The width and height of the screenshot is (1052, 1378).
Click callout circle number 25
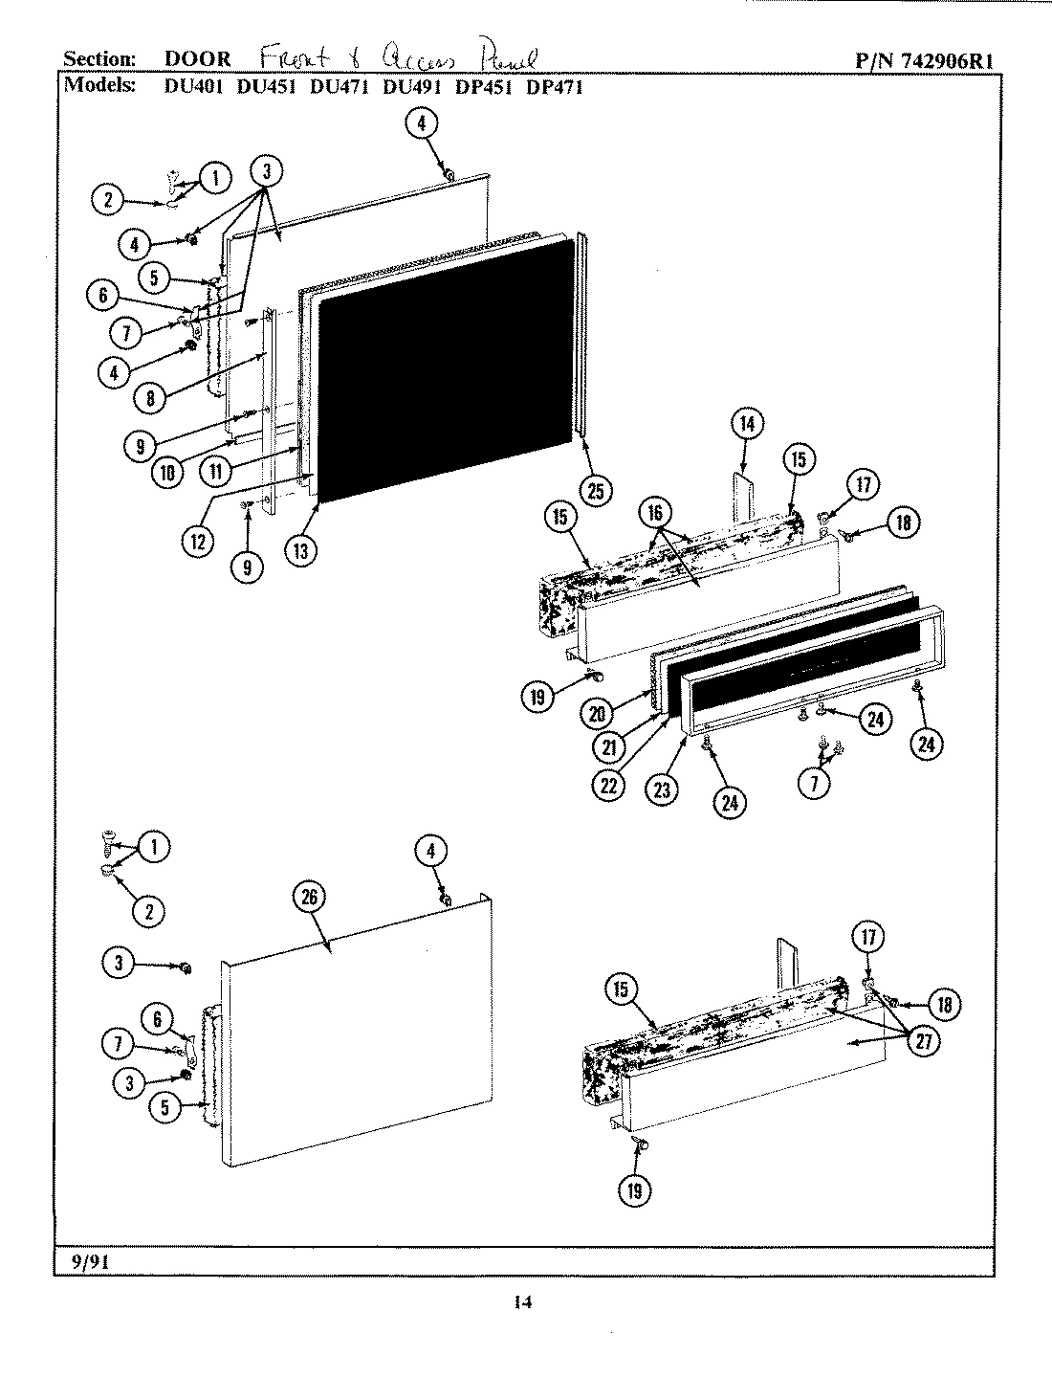point(596,491)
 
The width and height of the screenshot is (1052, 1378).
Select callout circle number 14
point(748,424)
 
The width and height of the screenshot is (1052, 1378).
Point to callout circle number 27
point(923,1042)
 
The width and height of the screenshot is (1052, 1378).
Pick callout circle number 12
point(198,539)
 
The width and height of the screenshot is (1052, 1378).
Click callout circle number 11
point(216,470)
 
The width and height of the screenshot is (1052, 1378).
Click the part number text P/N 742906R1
point(924,60)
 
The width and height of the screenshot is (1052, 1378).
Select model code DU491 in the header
point(409,86)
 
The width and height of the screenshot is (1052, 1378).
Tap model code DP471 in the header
point(555,86)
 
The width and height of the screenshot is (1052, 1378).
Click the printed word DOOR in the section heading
point(198,59)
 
